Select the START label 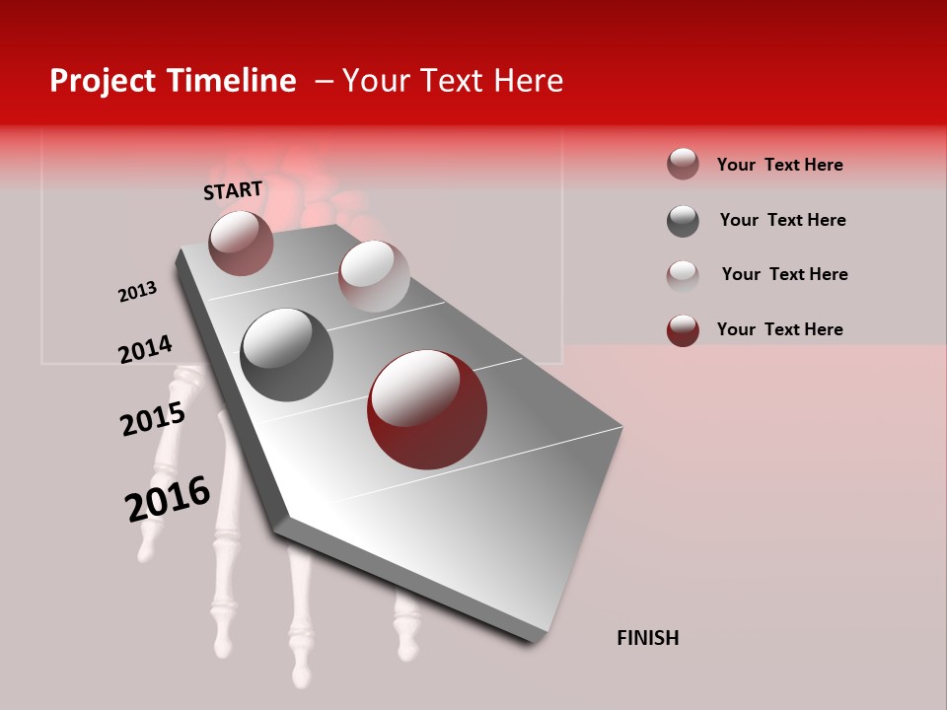[233, 190]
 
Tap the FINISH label [647, 638]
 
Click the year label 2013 [137, 292]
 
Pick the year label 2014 [145, 349]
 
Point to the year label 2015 [153, 418]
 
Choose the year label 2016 [168, 498]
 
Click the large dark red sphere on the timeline [426, 409]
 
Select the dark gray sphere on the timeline [286, 354]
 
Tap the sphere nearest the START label [241, 243]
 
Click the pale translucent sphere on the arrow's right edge [373, 276]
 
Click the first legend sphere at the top [683, 165]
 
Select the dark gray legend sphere [683, 221]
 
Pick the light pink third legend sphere [683, 275]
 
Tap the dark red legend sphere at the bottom [683, 330]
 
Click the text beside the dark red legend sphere [779, 329]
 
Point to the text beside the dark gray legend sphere [782, 220]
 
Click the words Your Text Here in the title [452, 81]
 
